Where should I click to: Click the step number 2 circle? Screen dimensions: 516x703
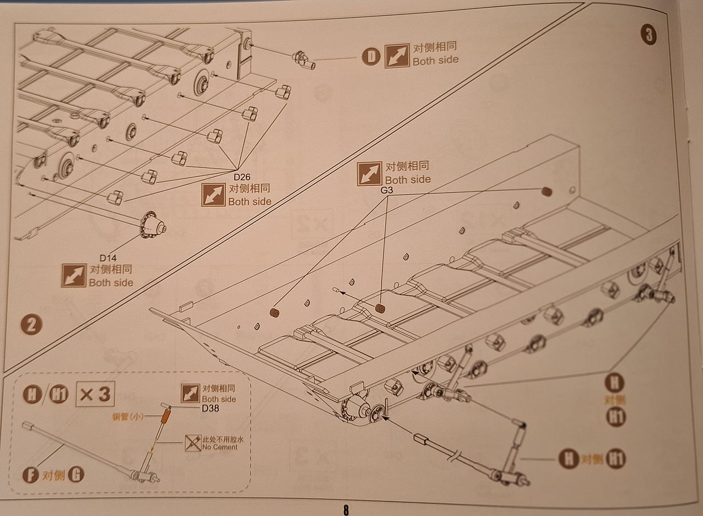coord(31,324)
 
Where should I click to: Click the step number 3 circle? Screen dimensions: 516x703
coord(648,35)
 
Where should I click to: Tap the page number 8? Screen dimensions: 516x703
coord(345,509)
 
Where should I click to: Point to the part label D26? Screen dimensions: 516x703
coord(242,178)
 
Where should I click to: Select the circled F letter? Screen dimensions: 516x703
coord(31,475)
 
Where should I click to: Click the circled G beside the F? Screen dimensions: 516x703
coord(76,475)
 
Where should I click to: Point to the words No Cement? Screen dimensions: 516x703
coord(220,447)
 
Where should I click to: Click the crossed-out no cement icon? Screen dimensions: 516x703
coord(193,442)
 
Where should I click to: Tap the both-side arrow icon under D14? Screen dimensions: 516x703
coord(73,275)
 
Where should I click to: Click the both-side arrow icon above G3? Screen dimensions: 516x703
coord(369,174)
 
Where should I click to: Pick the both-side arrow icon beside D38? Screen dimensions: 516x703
coord(190,394)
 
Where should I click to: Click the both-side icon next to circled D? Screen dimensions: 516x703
coord(397,55)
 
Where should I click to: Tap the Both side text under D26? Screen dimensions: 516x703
coord(250,202)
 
